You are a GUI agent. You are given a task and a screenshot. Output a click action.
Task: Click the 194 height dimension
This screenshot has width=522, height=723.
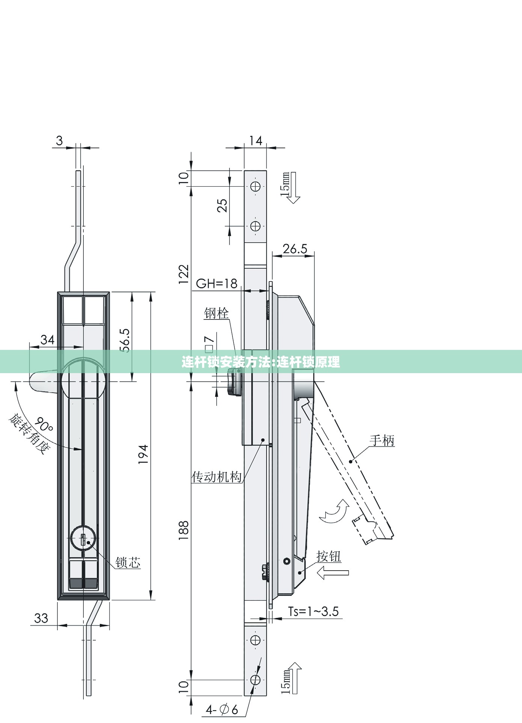(x=143, y=454)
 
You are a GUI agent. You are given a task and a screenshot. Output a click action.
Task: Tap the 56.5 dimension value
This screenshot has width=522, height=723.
(x=125, y=340)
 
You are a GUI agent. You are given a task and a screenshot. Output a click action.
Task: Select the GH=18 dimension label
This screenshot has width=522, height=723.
(x=217, y=283)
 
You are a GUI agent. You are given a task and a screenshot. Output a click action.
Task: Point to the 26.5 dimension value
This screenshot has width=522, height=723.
(x=295, y=249)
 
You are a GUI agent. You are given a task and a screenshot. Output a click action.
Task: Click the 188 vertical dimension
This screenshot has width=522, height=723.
(x=184, y=530)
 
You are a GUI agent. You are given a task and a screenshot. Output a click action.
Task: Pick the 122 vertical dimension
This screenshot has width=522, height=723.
(x=184, y=274)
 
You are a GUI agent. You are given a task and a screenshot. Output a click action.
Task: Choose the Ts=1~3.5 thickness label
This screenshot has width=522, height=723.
(x=313, y=612)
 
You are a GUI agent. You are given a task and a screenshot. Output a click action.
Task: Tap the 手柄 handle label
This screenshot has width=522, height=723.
(x=382, y=440)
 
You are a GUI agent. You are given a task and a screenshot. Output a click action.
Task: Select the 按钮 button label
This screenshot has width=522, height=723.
(x=329, y=556)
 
